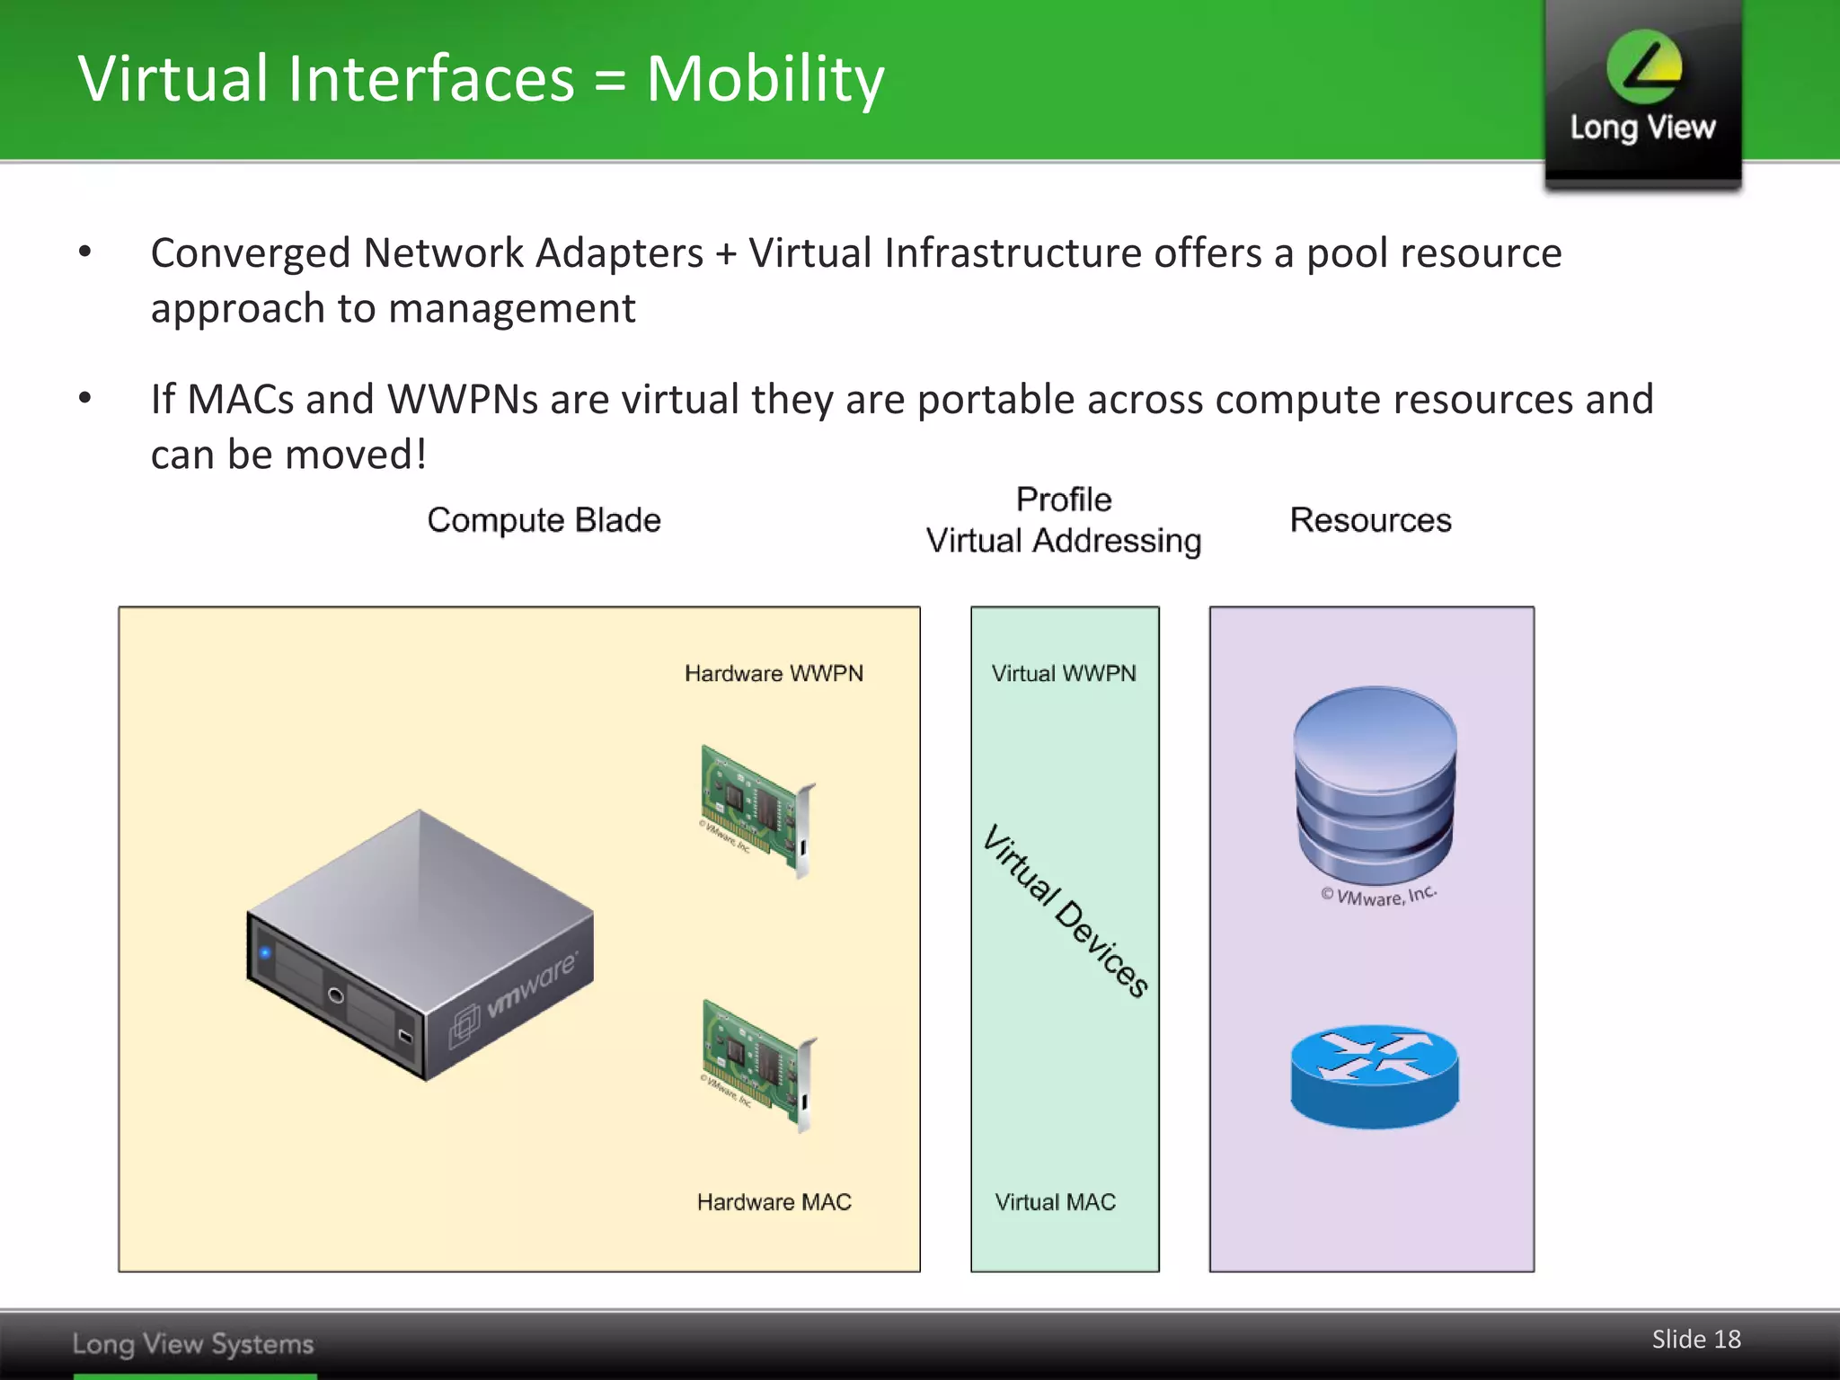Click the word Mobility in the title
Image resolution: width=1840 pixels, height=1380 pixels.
tap(765, 79)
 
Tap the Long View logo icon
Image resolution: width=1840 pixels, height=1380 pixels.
tap(1643, 67)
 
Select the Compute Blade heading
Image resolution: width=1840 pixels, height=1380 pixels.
tap(544, 520)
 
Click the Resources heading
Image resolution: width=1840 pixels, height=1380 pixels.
tap(1370, 520)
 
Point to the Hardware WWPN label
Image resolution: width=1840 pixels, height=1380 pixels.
tap(774, 674)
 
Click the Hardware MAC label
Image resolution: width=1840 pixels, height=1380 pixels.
tap(774, 1202)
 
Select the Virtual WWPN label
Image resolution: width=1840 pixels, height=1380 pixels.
tap(1064, 674)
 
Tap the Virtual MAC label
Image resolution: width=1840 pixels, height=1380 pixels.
tap(1055, 1202)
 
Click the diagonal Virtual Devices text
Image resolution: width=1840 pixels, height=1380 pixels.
tap(1066, 909)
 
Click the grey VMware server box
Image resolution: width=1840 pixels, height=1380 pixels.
tap(420, 943)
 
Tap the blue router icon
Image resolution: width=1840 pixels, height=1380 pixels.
tap(1375, 1075)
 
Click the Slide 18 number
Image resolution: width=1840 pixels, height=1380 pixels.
tap(1695, 1340)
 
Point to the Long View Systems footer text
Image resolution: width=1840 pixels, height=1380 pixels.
tap(193, 1344)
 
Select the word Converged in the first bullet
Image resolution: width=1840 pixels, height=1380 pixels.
tap(250, 253)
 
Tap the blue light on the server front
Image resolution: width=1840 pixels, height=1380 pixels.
tap(265, 952)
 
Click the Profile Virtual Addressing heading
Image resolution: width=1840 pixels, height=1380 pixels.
tap(1064, 520)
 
